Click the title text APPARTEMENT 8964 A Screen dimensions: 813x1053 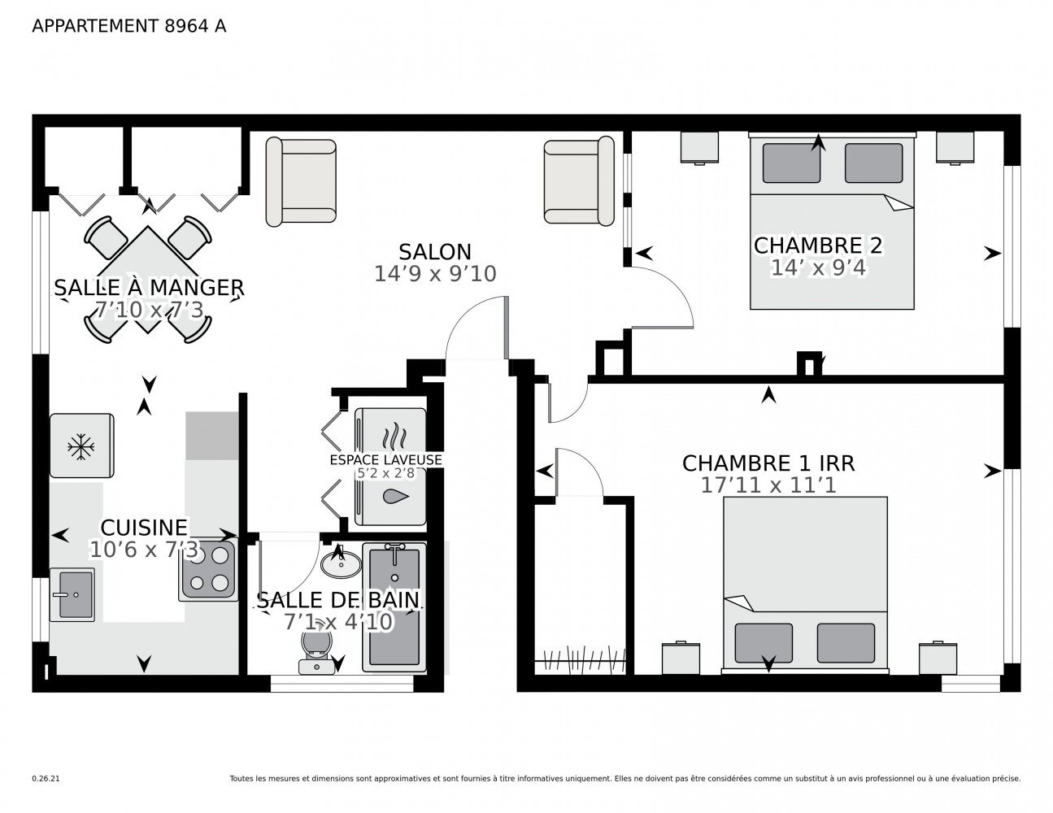(128, 26)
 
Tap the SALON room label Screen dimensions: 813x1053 (434, 252)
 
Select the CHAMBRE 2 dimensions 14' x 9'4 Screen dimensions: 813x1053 (818, 267)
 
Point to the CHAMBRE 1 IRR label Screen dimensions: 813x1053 (768, 463)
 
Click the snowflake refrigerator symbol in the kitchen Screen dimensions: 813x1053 (80, 446)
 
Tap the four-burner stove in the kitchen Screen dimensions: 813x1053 (208, 570)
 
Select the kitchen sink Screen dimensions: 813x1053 (72, 594)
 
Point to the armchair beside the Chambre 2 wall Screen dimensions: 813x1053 (578, 181)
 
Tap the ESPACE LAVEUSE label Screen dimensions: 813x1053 (385, 459)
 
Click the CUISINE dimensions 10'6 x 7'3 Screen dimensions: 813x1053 (143, 550)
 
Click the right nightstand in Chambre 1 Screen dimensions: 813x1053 (937, 658)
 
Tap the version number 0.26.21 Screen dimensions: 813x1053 (46, 778)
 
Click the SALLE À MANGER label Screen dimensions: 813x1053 (149, 288)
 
